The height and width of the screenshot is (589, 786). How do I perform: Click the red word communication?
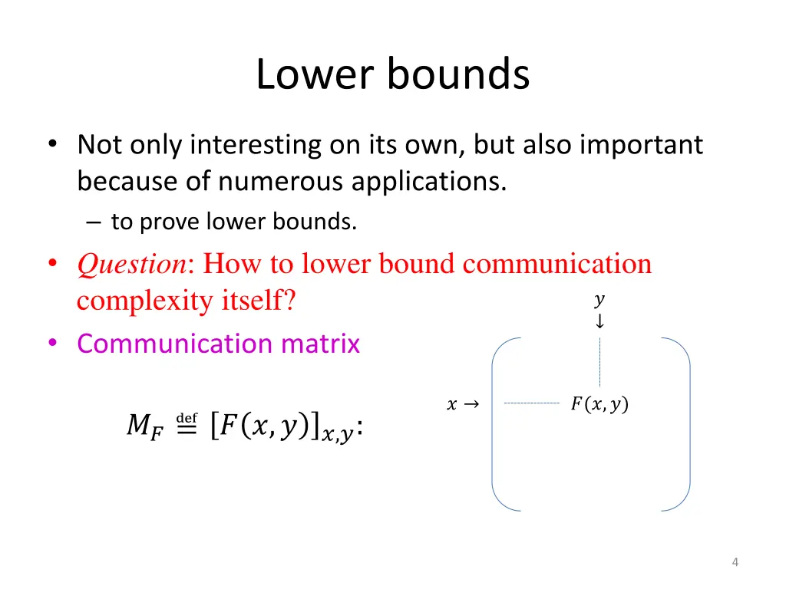(x=557, y=264)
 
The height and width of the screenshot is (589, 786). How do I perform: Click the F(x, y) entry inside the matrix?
(x=599, y=404)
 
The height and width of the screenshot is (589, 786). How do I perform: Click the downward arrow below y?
(x=599, y=321)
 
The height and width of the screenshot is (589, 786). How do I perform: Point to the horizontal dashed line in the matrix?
(x=531, y=403)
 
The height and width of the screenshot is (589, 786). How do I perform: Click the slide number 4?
(x=735, y=563)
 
